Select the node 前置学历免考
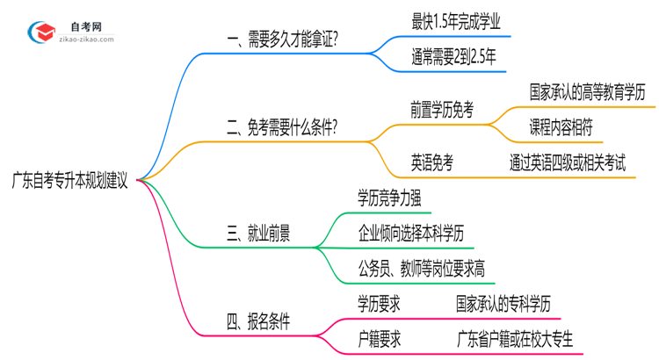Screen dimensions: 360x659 pos(442,110)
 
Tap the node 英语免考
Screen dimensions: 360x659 pos(432,162)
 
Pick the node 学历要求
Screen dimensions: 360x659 pos(380,303)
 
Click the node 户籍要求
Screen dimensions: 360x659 pos(380,339)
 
